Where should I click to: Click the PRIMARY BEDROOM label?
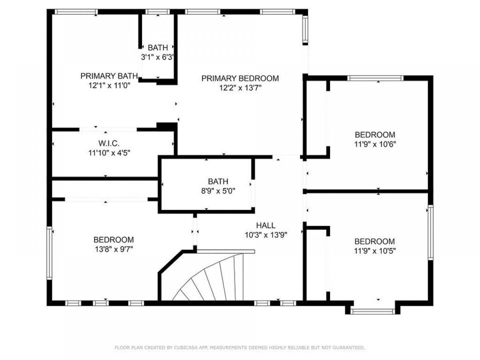pos(240,78)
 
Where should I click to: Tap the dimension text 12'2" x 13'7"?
pos(240,88)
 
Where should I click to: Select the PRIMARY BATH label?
pos(109,76)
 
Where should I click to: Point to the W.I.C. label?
pos(109,143)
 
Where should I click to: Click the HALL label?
pos(266,225)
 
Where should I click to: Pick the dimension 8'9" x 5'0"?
pos(218,191)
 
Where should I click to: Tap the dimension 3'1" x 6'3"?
pos(158,57)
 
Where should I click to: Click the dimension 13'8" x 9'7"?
pos(114,249)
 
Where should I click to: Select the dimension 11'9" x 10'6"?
pos(375,144)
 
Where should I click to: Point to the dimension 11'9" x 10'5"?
pos(375,251)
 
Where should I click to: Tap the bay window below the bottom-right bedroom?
pos(373,311)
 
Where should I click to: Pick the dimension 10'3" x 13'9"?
pos(266,235)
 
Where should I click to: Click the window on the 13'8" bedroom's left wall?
pos(50,253)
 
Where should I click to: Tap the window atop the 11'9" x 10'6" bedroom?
pos(375,78)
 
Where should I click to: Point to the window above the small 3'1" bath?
pos(158,12)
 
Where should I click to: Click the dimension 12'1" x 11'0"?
pos(109,86)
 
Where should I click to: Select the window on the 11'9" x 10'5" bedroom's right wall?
pos(430,232)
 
